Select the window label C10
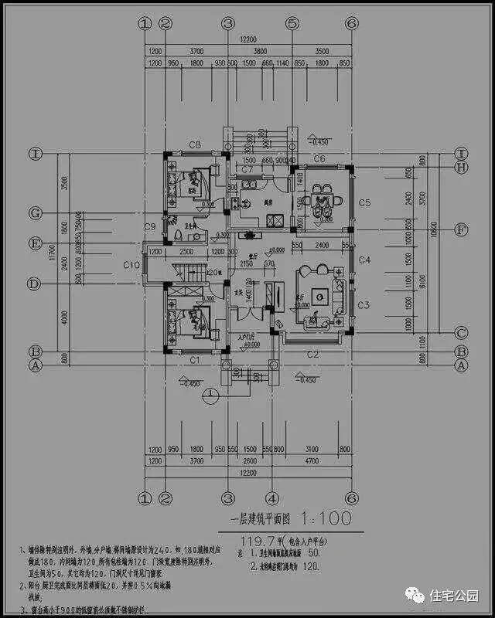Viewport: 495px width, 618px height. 132,266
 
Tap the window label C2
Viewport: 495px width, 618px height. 312,354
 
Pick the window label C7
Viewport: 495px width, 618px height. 247,168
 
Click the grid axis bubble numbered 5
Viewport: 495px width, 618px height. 292,24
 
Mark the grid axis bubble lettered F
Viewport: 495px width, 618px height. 461,230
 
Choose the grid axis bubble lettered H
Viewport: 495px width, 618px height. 461,167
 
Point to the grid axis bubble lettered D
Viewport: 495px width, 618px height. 34,284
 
